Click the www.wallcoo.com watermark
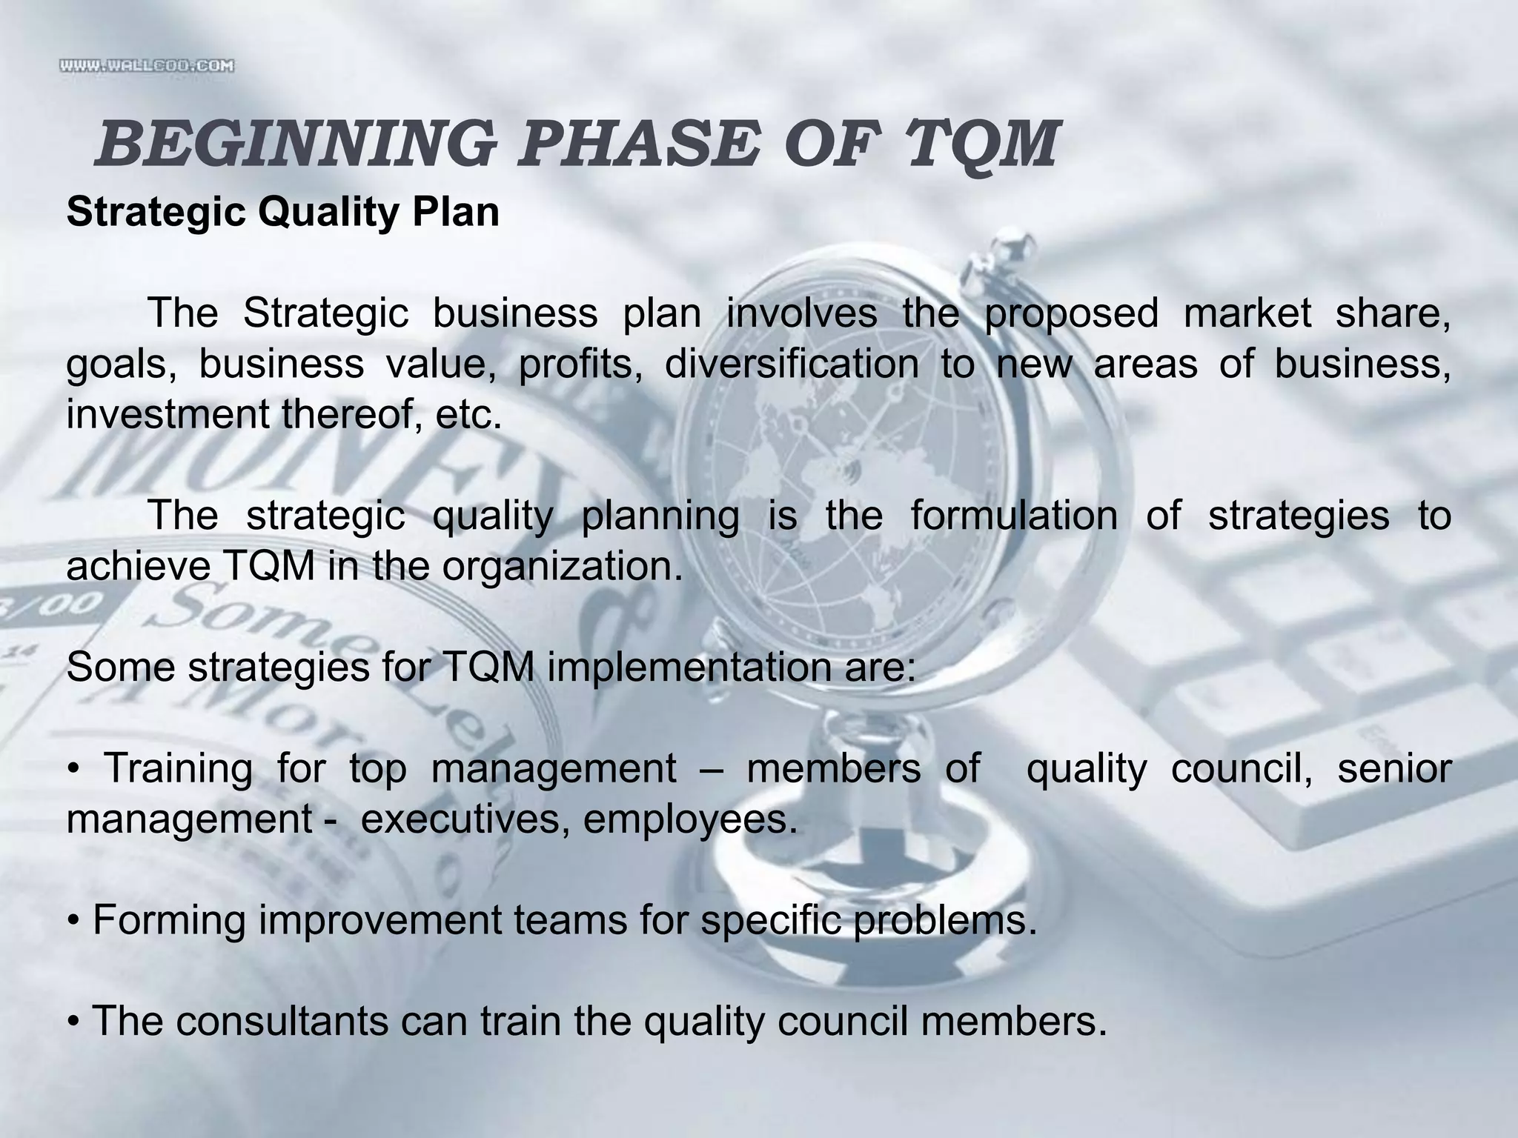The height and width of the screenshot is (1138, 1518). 147,66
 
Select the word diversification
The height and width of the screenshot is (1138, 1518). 791,365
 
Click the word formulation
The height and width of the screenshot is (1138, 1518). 1014,516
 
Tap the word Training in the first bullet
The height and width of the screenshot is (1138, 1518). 179,768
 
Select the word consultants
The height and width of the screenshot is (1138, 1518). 282,1021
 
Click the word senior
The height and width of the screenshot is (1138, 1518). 1393,768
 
